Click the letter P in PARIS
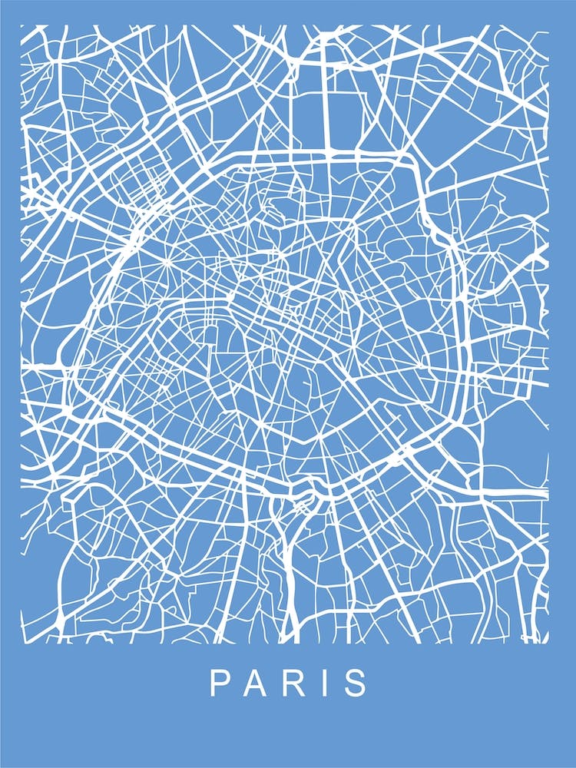tap(219, 683)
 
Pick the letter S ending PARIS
tap(356, 683)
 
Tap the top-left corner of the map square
tap(21, 25)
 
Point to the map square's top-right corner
tap(548, 25)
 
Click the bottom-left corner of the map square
tap(21, 642)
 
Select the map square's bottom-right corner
tap(548, 642)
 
